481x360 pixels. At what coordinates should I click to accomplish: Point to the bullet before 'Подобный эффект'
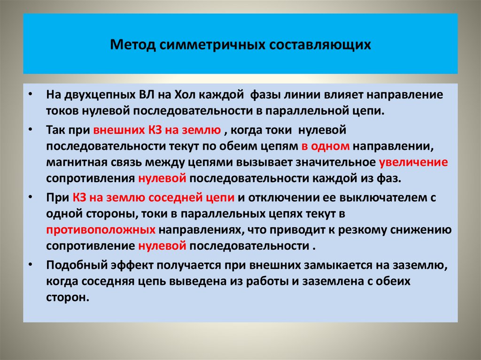click(30, 265)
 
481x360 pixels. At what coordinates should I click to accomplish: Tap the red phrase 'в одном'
click(326, 146)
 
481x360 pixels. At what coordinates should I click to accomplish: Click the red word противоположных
click(101, 230)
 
